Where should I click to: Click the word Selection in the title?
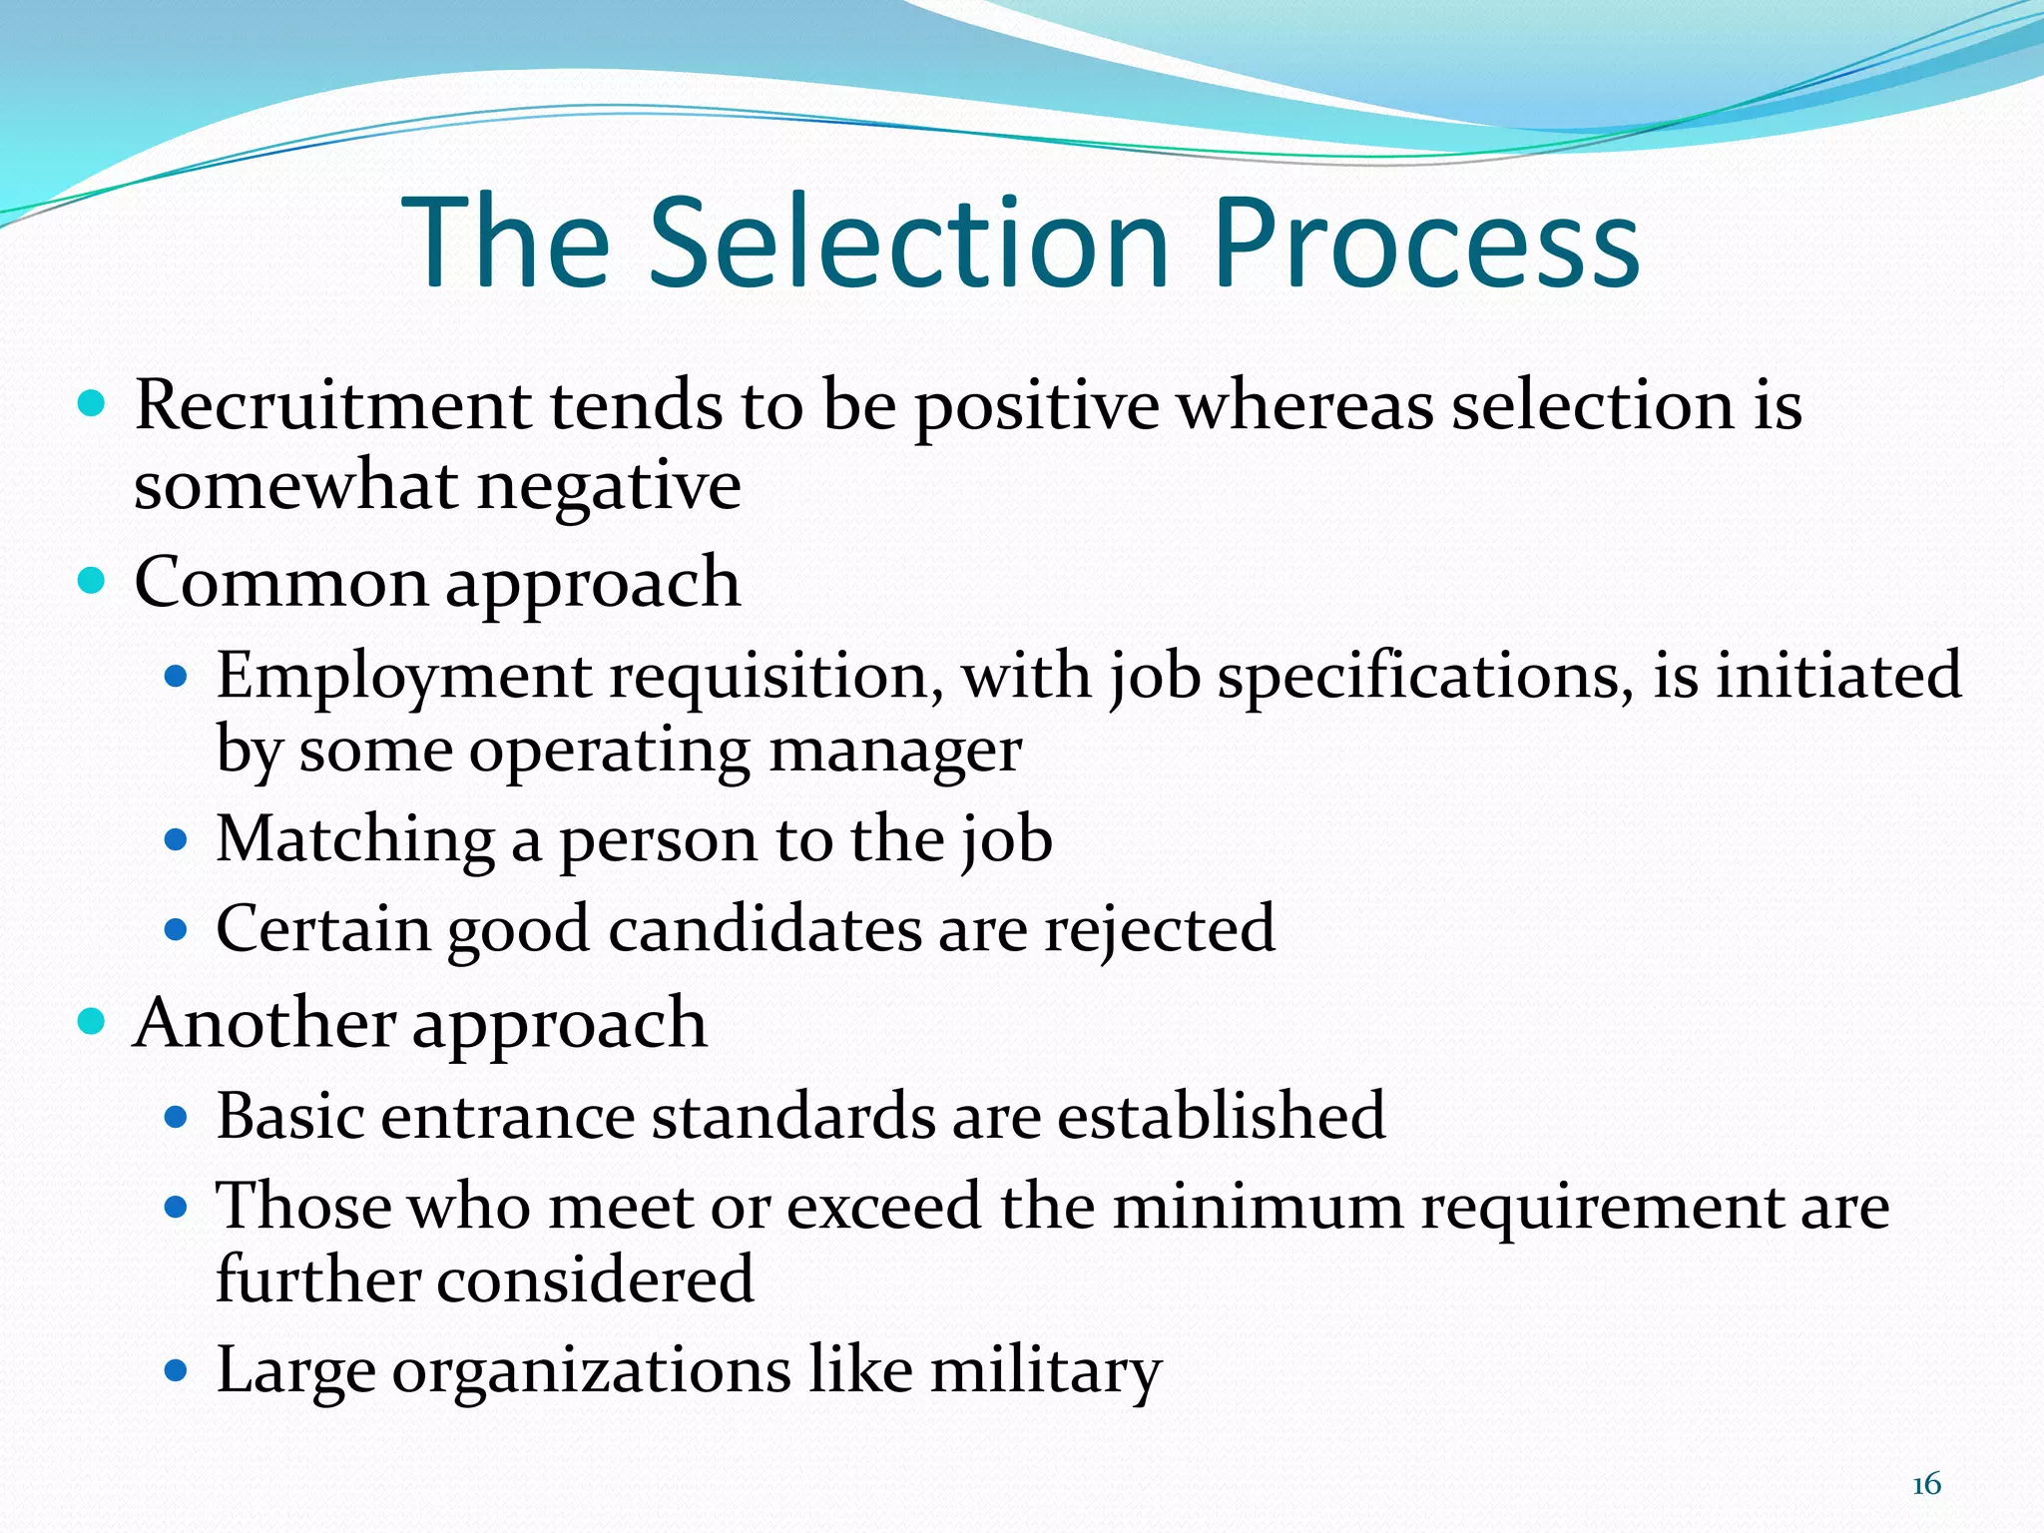point(909,243)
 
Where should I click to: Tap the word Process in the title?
point(1426,243)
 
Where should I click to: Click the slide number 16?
point(1926,1484)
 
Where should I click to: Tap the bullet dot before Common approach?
point(92,581)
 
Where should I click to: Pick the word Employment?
point(404,676)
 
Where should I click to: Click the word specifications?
point(1426,676)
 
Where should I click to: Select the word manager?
point(895,751)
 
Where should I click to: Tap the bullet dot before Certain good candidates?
point(176,930)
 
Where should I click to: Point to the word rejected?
point(1160,930)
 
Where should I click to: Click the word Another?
point(264,1023)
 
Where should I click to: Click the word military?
point(1046,1370)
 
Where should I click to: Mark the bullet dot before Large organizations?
point(176,1371)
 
